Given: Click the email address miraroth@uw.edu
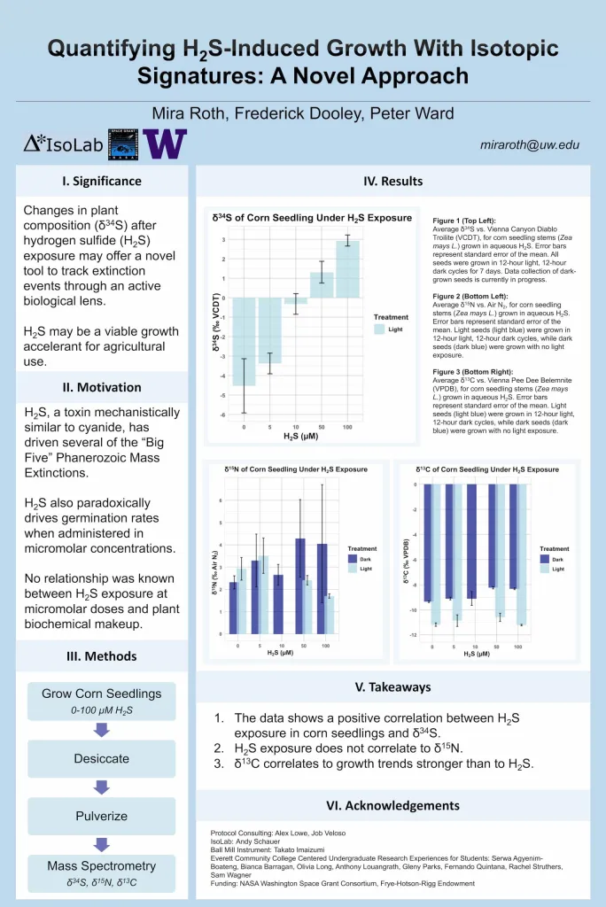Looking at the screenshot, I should tap(530, 144).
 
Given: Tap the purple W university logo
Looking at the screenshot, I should tap(165, 143).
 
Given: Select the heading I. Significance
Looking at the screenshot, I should tap(102, 182).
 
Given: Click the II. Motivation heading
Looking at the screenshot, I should tap(102, 387).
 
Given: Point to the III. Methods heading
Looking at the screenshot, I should tap(102, 656).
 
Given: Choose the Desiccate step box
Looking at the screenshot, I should tap(101, 759).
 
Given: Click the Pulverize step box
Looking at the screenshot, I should tap(101, 816).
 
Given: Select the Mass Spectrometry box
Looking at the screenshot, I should tap(101, 872).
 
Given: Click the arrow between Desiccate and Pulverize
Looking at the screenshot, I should tap(101, 787).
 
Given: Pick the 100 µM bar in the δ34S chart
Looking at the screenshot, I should tap(347, 269).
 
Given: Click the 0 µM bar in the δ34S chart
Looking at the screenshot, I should tap(244, 341).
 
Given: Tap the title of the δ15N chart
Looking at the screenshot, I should tap(295, 469).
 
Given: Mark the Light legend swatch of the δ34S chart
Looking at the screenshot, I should tap(380, 329).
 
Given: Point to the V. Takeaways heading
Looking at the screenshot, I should tap(392, 687).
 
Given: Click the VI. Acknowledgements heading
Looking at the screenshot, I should tap(392, 806).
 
